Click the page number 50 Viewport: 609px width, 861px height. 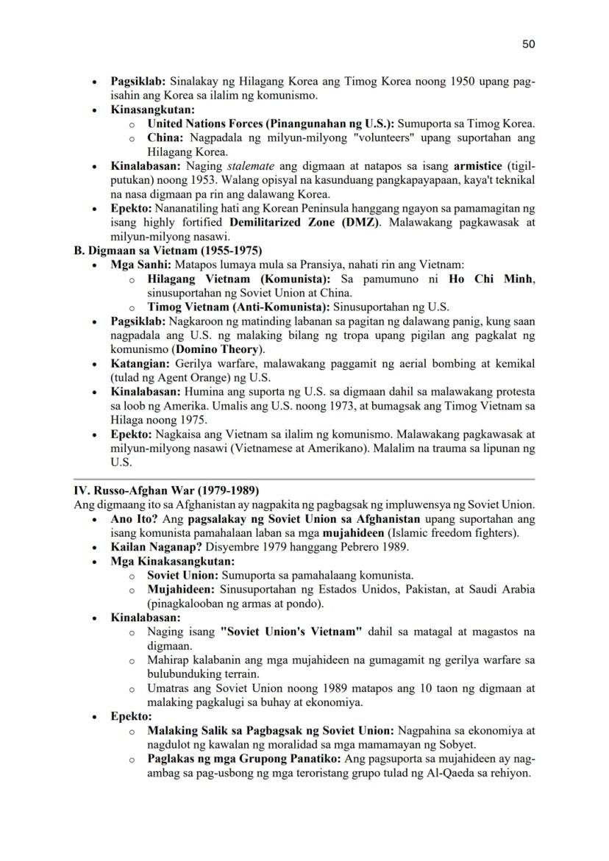click(528, 44)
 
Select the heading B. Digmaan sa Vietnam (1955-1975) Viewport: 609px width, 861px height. click(168, 251)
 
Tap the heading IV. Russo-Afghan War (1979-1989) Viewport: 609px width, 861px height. click(166, 490)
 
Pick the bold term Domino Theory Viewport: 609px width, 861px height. click(218, 349)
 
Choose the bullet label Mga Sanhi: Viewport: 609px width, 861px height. click(141, 265)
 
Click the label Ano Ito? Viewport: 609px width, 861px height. click(134, 519)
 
